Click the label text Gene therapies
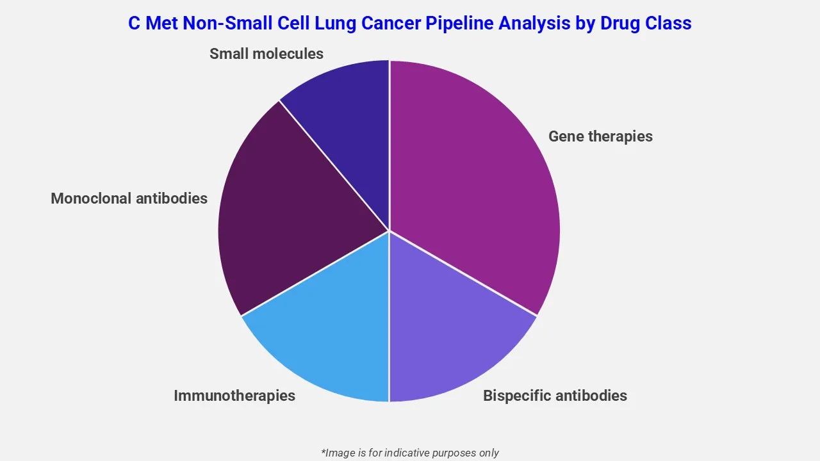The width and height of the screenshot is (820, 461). point(600,136)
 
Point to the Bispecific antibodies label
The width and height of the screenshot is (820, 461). point(555,396)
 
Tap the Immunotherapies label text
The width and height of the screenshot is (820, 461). point(234,396)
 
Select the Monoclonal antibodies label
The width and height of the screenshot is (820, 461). point(129,198)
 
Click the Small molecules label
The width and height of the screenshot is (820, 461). point(266,54)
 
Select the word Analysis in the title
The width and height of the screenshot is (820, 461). point(530,24)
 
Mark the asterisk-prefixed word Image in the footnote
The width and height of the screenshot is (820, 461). point(337,453)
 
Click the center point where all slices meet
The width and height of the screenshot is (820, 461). point(389,230)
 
